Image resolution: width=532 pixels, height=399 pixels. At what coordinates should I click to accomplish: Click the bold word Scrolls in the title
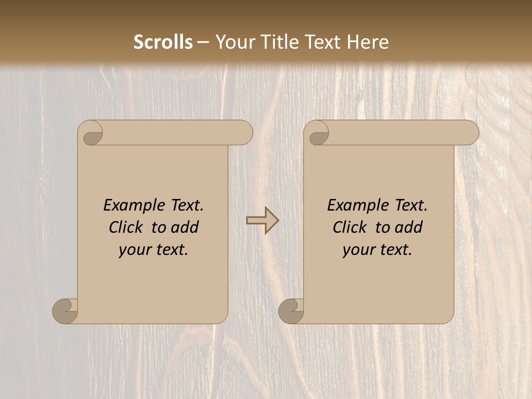pos(163,42)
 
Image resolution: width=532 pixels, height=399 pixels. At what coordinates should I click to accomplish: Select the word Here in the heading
pos(368,42)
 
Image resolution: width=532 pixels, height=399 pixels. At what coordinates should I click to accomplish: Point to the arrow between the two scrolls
pos(263,220)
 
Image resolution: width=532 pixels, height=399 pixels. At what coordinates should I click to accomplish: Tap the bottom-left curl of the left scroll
pos(65,311)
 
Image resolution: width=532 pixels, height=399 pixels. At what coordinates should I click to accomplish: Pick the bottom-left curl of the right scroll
pos(291,311)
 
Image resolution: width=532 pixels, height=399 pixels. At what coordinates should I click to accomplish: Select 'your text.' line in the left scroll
pos(154,249)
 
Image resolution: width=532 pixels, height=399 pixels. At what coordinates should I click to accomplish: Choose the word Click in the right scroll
pos(351,227)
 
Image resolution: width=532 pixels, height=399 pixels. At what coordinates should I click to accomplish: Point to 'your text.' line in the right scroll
pos(377,249)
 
